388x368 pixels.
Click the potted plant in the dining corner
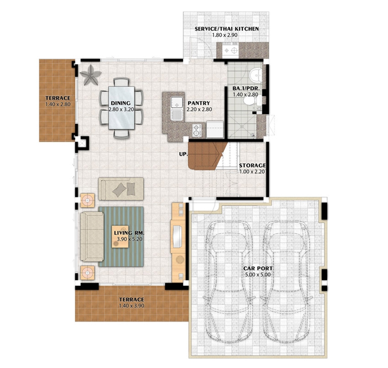90,75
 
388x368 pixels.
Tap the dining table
121,108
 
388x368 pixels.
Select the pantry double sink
177,109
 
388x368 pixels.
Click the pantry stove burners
197,131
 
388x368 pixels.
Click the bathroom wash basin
256,74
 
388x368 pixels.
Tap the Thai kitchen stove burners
231,50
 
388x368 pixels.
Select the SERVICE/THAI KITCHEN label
227,29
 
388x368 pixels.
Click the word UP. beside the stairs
184,154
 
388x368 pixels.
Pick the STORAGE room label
252,165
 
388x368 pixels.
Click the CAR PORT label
258,268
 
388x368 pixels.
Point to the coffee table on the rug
120,237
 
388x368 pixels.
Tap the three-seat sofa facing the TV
92,237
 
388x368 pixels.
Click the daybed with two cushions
121,189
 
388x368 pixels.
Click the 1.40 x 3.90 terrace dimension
131,305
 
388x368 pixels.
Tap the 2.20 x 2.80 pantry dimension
199,110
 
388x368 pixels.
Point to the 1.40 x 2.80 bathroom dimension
246,95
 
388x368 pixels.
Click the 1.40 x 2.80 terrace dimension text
58,104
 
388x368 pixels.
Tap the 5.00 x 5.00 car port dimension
258,275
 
